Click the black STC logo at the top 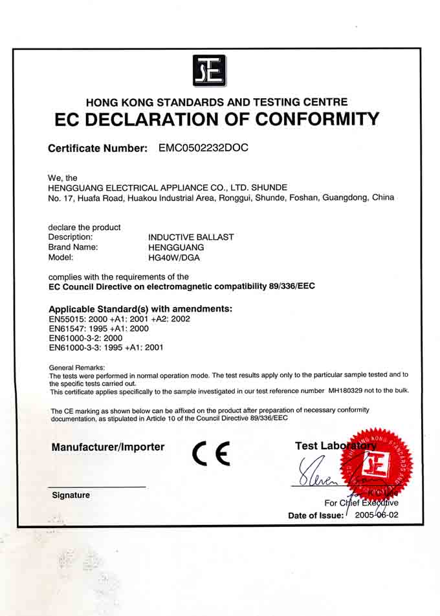209,70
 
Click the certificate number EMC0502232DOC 203,147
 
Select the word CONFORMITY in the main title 316,120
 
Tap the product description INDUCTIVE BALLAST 191,237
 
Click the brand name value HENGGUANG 176,247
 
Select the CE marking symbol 211,455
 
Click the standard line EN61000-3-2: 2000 85,337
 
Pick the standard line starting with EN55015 120,319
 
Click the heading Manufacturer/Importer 108,447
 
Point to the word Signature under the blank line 71,495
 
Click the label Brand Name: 73,247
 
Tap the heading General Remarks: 76,367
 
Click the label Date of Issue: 316,516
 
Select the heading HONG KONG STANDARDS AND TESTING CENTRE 217,102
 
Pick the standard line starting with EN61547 98,328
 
